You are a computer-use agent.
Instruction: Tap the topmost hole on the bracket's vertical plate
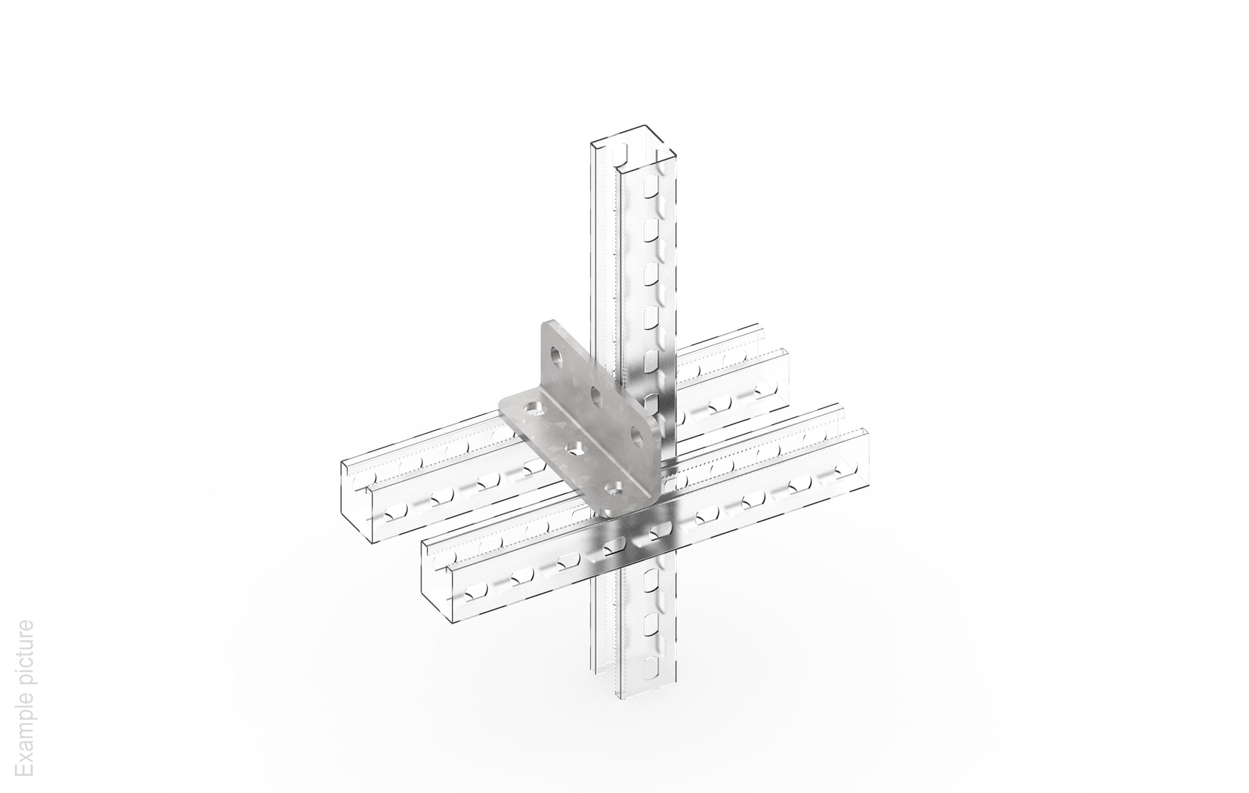tap(556, 356)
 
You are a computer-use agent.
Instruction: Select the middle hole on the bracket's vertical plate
tap(596, 395)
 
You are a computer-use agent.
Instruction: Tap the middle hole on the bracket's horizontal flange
tap(573, 449)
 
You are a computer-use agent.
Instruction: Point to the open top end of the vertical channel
tap(633, 145)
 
